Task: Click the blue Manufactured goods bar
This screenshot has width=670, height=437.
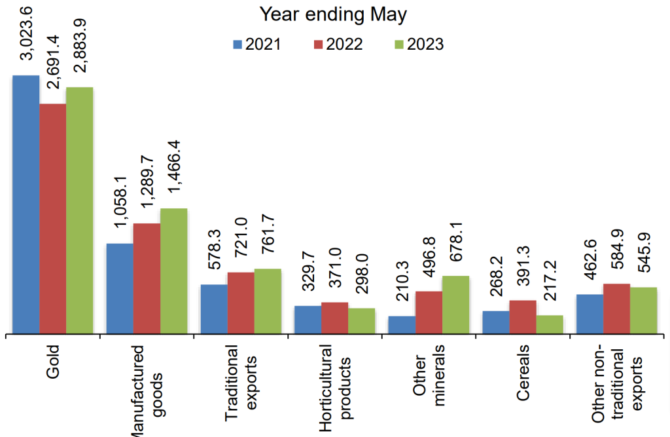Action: (120, 289)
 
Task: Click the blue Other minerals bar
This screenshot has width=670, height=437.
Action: (402, 325)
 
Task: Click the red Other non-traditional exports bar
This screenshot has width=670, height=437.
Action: (616, 309)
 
